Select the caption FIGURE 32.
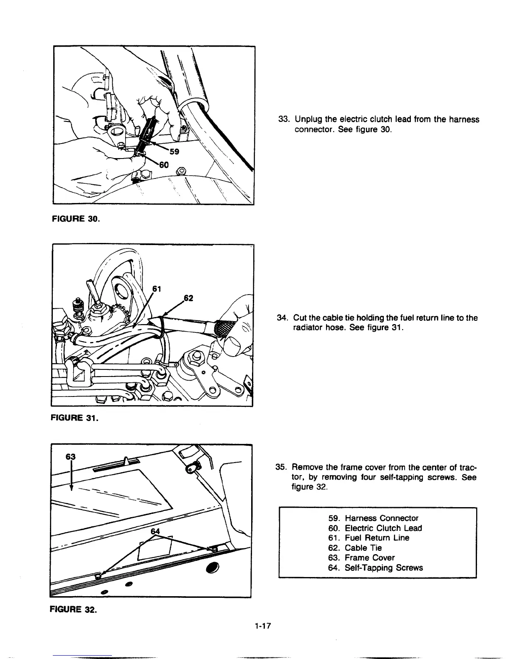pyautogui.click(x=73, y=610)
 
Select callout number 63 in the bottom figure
pyautogui.click(x=71, y=456)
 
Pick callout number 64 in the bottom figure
pyautogui.click(x=155, y=531)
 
